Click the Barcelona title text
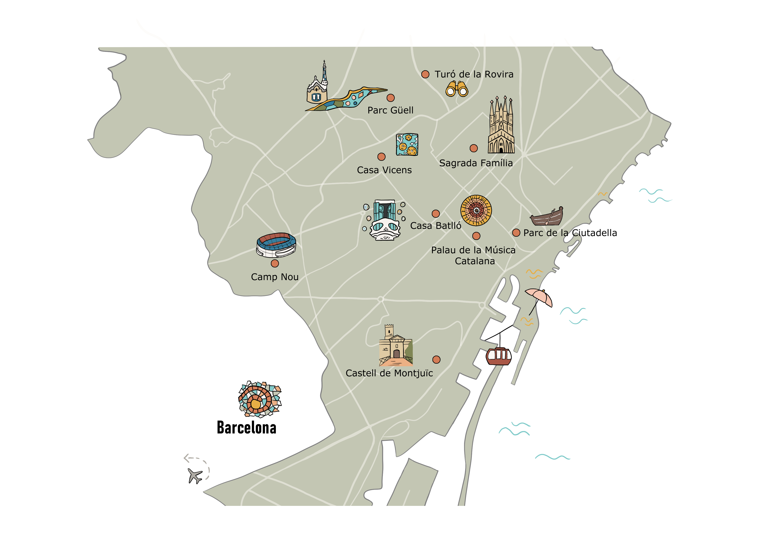click(x=247, y=428)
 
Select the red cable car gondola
click(x=499, y=356)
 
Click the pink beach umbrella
click(x=539, y=297)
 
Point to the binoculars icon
click(x=457, y=89)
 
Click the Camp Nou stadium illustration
click(x=276, y=245)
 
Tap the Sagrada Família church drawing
click(x=501, y=127)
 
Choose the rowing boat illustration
click(x=547, y=217)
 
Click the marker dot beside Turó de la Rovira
click(x=425, y=74)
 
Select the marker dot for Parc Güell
click(x=391, y=98)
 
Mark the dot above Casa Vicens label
click(x=381, y=157)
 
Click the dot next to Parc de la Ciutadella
click(x=516, y=233)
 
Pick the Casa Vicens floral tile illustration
click(x=407, y=145)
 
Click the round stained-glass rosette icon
click(x=476, y=210)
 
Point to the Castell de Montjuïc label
click(x=389, y=373)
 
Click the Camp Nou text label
click(x=275, y=277)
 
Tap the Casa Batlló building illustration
click(x=385, y=220)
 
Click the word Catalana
click(x=475, y=261)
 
